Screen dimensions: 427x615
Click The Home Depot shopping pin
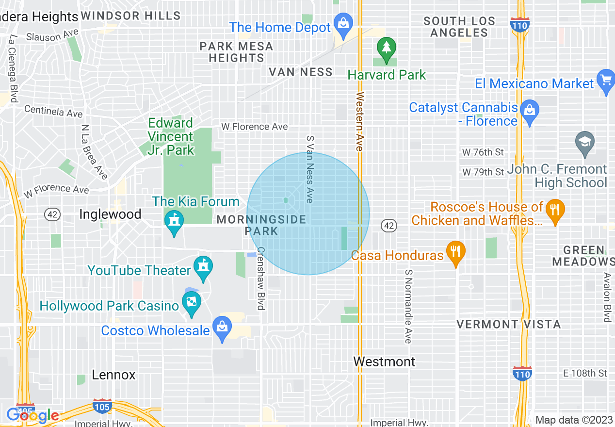coord(343,23)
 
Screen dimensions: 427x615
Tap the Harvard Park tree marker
coord(387,48)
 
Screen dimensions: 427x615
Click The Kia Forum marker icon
coord(174,221)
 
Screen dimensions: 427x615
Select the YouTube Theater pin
coord(203,266)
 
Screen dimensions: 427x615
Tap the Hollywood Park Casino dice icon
coord(192,302)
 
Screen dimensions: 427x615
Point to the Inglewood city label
coord(110,214)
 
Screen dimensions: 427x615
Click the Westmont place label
coord(384,361)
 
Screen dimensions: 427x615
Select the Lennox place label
coord(114,375)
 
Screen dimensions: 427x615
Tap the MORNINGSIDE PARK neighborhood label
coord(261,225)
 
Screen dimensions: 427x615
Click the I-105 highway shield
coord(102,406)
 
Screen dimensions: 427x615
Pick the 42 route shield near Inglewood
coord(52,213)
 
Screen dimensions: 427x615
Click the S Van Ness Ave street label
coord(310,169)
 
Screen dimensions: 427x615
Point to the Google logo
coord(33,415)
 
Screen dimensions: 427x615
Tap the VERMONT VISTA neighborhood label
coord(509,324)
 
